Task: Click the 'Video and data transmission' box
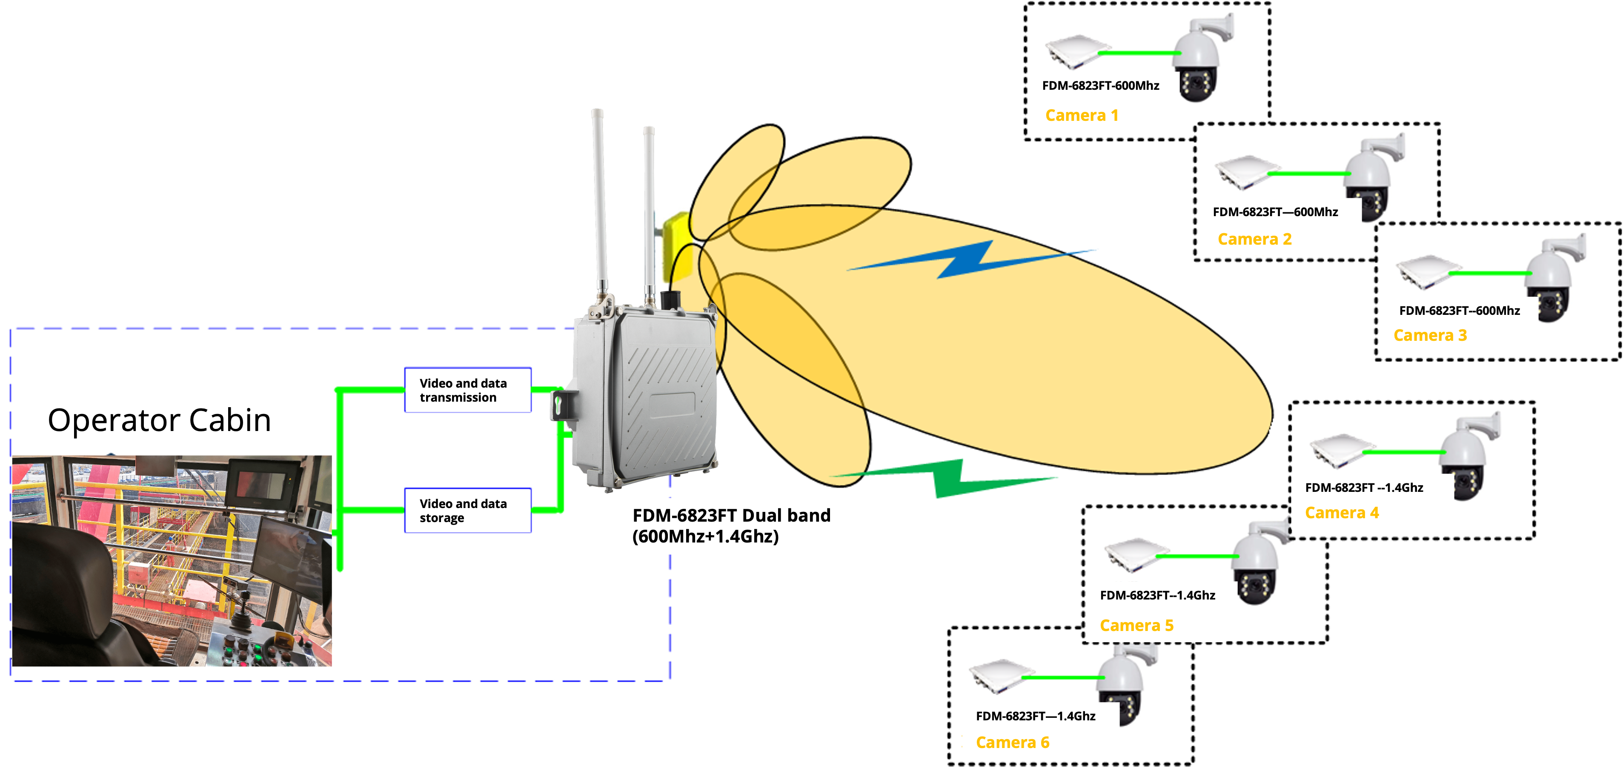pyautogui.click(x=467, y=390)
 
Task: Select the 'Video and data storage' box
pyautogui.click(x=467, y=510)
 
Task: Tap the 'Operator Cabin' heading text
pyautogui.click(x=159, y=420)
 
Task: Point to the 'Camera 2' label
pyautogui.click(x=1254, y=240)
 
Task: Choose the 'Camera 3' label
pyautogui.click(x=1430, y=335)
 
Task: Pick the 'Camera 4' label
pyautogui.click(x=1341, y=513)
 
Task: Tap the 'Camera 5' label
pyautogui.click(x=1136, y=625)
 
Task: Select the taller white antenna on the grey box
pyautogui.click(x=599, y=202)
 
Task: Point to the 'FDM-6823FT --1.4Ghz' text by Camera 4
pyautogui.click(x=1363, y=488)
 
